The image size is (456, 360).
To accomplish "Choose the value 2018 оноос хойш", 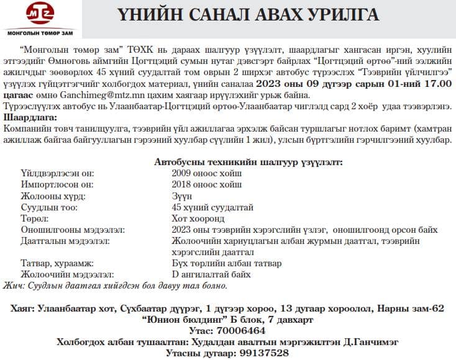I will pos(207,184).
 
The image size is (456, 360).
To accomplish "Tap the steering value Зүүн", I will pos(183,196).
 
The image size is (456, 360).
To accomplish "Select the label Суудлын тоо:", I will pos(48,207).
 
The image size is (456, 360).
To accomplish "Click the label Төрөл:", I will pos(35,218).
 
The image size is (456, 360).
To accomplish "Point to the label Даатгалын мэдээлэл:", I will pos(65,241).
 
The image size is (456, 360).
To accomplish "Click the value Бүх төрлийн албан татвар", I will pos(226,263).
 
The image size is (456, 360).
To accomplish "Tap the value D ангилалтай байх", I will pos(211,274).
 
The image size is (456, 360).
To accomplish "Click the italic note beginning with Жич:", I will pos(115,286).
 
